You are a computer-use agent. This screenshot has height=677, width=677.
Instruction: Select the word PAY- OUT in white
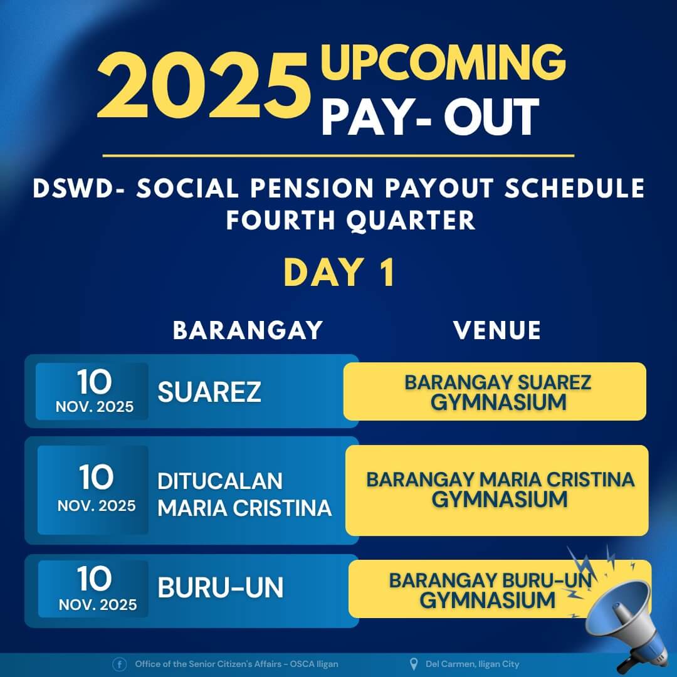pos(430,116)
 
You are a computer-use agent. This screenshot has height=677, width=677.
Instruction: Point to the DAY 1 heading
pos(339,273)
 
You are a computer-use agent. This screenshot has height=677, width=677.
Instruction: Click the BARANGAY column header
pos(248,330)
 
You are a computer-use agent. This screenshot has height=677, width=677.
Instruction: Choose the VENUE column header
pos(497,330)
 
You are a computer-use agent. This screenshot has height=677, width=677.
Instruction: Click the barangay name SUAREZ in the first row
pos(209,392)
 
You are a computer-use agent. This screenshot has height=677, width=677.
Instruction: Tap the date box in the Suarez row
pos(94,391)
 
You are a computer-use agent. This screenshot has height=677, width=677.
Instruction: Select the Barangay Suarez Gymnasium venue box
pos(495,391)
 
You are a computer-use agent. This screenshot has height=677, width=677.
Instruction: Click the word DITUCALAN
pos(220,481)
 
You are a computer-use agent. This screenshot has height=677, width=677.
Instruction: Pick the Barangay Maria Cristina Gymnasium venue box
pos(497,490)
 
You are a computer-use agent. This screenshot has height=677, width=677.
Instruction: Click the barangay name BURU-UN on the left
pos(221,588)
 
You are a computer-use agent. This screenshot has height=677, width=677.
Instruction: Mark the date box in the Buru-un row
pos(95,589)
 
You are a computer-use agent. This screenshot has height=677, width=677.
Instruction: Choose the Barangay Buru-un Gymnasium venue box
pos(476,589)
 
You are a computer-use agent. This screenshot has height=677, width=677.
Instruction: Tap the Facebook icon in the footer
pos(119,664)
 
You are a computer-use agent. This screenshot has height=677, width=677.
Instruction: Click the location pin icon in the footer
pos(413,664)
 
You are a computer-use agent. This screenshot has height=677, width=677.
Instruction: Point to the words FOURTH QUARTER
pos(351,220)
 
